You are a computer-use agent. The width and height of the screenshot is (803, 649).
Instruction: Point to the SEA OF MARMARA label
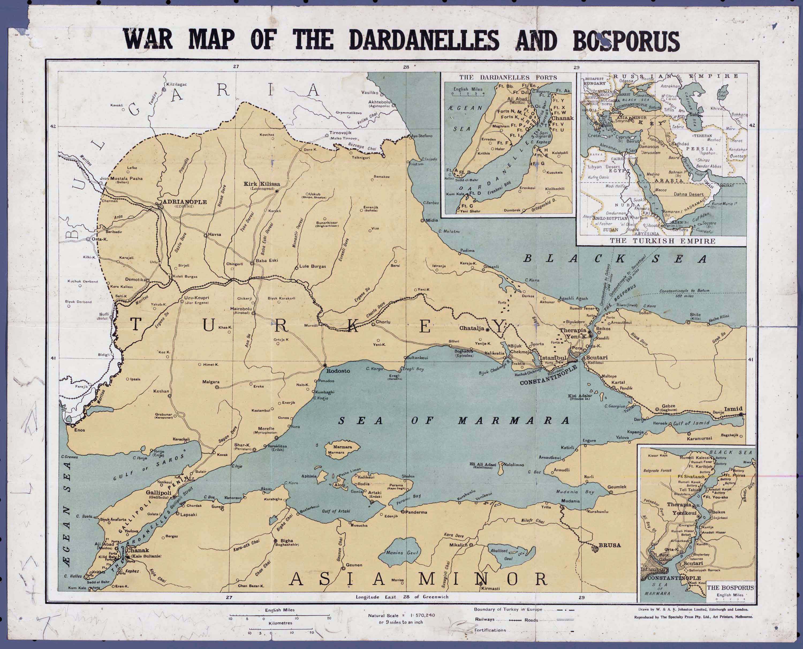click(453, 421)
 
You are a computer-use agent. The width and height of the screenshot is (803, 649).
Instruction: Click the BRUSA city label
click(609, 545)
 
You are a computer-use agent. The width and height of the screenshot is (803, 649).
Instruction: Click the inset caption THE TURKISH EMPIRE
click(662, 241)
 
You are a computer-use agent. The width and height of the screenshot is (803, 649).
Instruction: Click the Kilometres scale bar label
click(280, 623)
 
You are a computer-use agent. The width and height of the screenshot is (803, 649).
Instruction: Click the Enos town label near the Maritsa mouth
click(79, 430)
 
